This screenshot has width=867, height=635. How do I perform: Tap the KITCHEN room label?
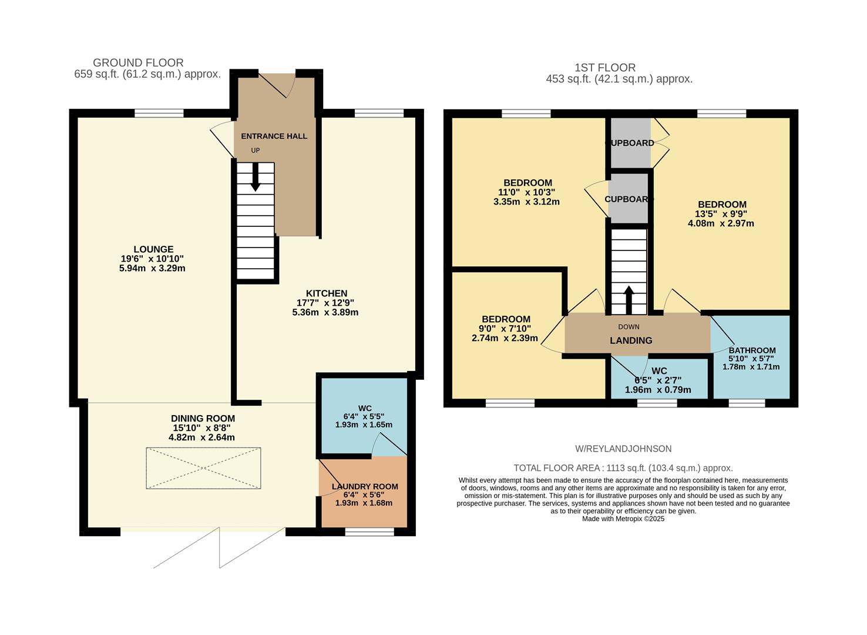click(326, 293)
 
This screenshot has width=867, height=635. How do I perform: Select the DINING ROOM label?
click(203, 419)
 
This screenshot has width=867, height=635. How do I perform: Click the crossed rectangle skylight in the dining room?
click(203, 468)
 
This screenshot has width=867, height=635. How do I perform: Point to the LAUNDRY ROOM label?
click(364, 486)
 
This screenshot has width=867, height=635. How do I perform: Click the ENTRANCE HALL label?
click(274, 136)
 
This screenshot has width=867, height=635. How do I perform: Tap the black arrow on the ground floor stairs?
click(255, 178)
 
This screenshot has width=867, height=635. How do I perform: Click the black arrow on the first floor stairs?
click(629, 300)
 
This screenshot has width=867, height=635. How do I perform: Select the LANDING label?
click(631, 340)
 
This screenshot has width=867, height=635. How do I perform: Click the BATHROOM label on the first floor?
click(752, 350)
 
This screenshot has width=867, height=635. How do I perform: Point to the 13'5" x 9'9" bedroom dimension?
click(721, 214)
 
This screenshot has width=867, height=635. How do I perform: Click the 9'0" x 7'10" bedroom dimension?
click(505, 329)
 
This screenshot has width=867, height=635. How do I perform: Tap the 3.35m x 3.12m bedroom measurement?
click(526, 202)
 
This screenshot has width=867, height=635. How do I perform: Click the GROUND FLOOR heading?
click(138, 62)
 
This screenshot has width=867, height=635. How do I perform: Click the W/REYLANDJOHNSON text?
click(623, 449)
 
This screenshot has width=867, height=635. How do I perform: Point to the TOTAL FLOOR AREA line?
click(623, 468)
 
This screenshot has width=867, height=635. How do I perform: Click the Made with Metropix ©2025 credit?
click(623, 519)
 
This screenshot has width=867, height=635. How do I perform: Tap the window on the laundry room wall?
click(369, 532)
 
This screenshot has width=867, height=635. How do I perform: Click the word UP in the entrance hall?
click(255, 151)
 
